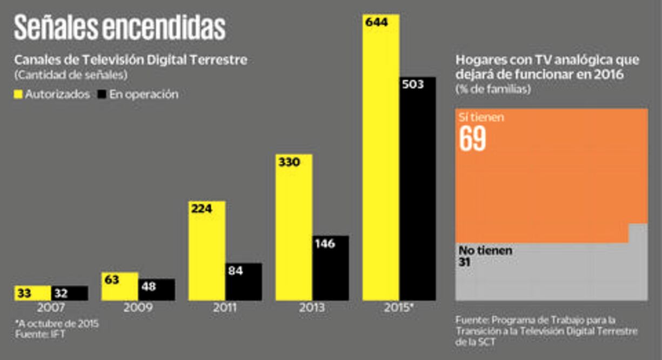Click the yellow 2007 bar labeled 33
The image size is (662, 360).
(32, 293)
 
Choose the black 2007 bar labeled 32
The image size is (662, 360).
(69, 293)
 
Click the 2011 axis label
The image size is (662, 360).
(225, 308)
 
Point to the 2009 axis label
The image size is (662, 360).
(138, 308)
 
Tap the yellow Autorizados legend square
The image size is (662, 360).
(18, 94)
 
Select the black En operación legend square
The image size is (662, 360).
(101, 94)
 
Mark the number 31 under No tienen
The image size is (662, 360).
(465, 262)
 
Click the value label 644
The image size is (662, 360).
(376, 23)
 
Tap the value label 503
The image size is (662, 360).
(412, 84)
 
